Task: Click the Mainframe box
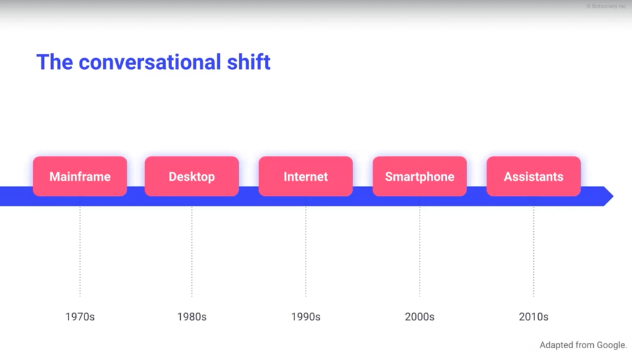pyautogui.click(x=80, y=177)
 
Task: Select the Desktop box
pyautogui.click(x=192, y=177)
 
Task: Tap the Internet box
pyautogui.click(x=306, y=177)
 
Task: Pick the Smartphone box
pyautogui.click(x=420, y=177)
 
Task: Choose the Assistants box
pyautogui.click(x=534, y=177)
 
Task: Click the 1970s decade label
pyautogui.click(x=80, y=317)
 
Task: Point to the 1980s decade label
pyautogui.click(x=192, y=317)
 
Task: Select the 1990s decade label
pyautogui.click(x=306, y=317)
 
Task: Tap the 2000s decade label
pyautogui.click(x=420, y=317)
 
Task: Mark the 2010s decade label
pyautogui.click(x=534, y=317)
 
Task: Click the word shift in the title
pyautogui.click(x=249, y=62)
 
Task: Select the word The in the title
pyautogui.click(x=55, y=62)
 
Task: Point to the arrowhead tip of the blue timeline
pyautogui.click(x=613, y=196)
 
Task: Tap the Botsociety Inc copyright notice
pyautogui.click(x=606, y=6)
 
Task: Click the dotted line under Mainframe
pyautogui.click(x=80, y=251)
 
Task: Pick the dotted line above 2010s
pyautogui.click(x=534, y=251)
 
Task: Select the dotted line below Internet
pyautogui.click(x=306, y=251)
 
